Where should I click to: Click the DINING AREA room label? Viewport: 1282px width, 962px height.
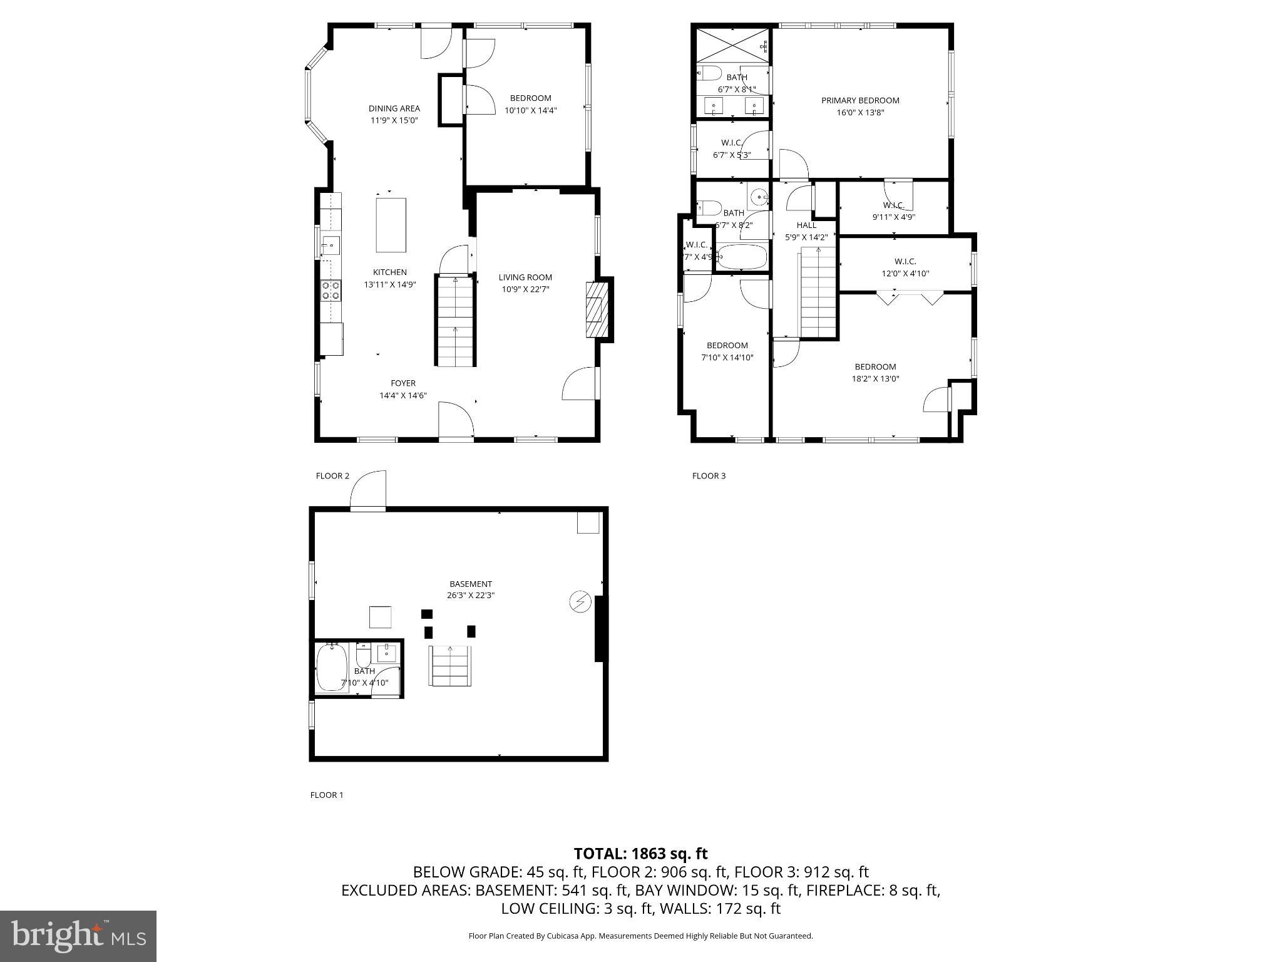[394, 108]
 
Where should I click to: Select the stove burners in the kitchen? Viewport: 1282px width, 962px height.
[331, 291]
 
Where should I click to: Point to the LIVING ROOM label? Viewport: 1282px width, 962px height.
[525, 277]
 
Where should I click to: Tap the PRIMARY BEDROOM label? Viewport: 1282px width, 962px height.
[860, 100]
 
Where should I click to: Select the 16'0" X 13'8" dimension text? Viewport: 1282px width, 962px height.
[860, 113]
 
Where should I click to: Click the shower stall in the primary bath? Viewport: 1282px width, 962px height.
[732, 44]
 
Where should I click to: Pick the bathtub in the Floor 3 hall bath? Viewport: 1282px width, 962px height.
[742, 257]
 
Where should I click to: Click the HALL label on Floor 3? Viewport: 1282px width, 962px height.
[806, 225]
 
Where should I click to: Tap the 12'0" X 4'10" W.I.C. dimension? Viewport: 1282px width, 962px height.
[905, 274]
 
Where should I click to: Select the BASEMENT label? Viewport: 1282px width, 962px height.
[471, 584]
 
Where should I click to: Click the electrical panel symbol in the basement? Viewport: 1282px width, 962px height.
[580, 602]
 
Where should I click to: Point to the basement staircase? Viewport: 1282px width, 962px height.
[450, 666]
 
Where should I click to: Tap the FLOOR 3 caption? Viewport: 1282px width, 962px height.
[709, 476]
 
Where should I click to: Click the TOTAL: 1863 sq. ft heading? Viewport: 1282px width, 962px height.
[640, 853]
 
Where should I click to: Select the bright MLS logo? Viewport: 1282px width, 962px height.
[78, 936]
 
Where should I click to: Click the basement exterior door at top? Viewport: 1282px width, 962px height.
[368, 492]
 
